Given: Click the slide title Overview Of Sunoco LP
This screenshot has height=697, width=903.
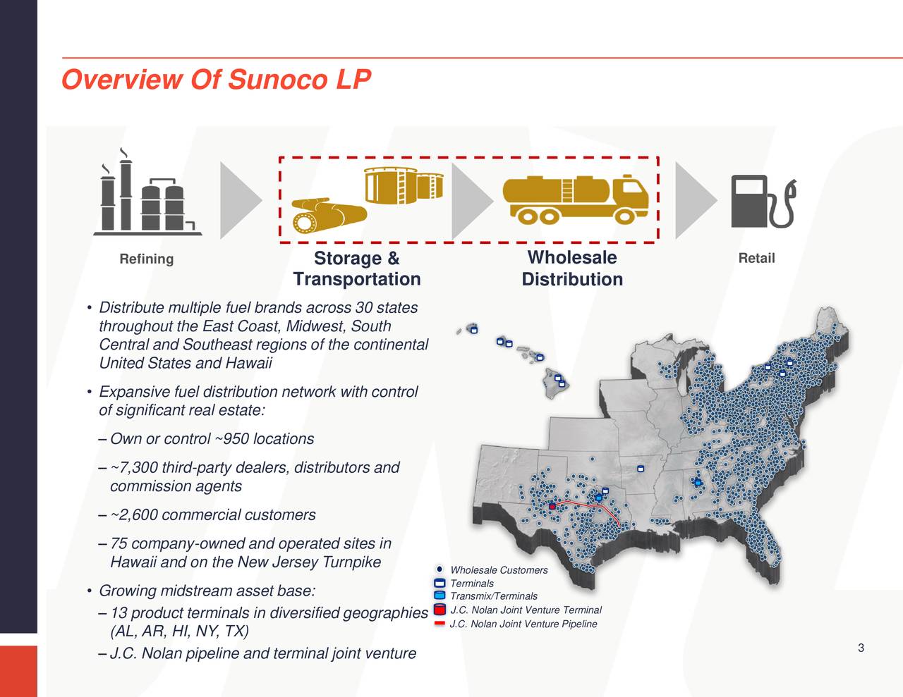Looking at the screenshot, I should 216,80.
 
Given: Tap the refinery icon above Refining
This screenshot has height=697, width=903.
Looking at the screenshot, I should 147,194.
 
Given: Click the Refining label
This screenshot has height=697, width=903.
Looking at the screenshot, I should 146,259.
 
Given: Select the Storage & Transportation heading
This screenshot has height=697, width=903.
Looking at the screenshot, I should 357,269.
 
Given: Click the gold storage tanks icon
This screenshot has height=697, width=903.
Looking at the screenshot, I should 403,185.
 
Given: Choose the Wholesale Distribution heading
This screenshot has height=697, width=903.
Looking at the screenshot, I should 572,269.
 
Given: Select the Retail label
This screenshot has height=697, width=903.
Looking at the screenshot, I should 756,259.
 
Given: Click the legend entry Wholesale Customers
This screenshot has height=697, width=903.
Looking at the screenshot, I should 499,570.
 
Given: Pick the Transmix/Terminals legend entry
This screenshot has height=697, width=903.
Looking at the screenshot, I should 494,596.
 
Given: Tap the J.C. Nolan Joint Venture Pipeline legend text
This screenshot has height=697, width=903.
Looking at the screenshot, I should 523,624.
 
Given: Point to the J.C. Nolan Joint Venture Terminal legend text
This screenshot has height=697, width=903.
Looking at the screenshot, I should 526,610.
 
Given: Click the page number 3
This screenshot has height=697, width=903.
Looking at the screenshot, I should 861,648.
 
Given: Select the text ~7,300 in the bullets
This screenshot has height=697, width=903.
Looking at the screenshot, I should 134,468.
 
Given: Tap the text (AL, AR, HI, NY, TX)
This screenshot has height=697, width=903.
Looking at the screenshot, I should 179,631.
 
